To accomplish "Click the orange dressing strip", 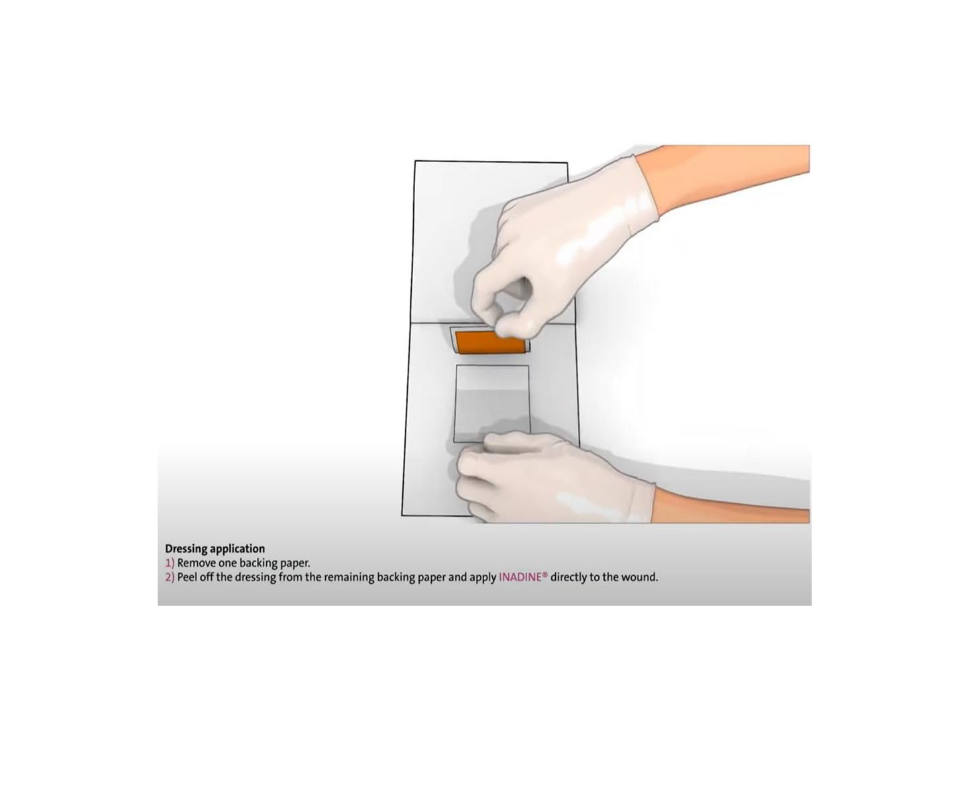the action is tap(490, 343).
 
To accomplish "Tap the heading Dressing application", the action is tap(215, 549).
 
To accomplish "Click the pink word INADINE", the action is tap(520, 577).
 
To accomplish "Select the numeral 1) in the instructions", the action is tap(170, 564).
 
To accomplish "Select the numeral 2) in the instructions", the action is tap(170, 578).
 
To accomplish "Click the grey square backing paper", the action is tap(492, 403).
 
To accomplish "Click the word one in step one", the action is tap(226, 564).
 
